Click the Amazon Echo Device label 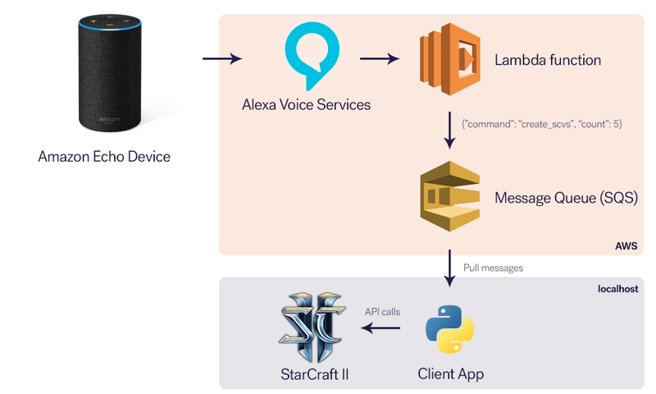pyautogui.click(x=104, y=156)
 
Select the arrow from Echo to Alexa pyautogui.click(x=221, y=58)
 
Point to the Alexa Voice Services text pyautogui.click(x=306, y=105)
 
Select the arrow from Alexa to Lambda pyautogui.click(x=380, y=58)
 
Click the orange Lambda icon pyautogui.click(x=448, y=58)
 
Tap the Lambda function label pyautogui.click(x=548, y=60)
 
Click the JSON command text pyautogui.click(x=541, y=123)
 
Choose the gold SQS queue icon pyautogui.click(x=449, y=198)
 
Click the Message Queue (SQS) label pyautogui.click(x=566, y=198)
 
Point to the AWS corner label pyautogui.click(x=626, y=245)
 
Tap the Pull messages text pyautogui.click(x=494, y=268)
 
